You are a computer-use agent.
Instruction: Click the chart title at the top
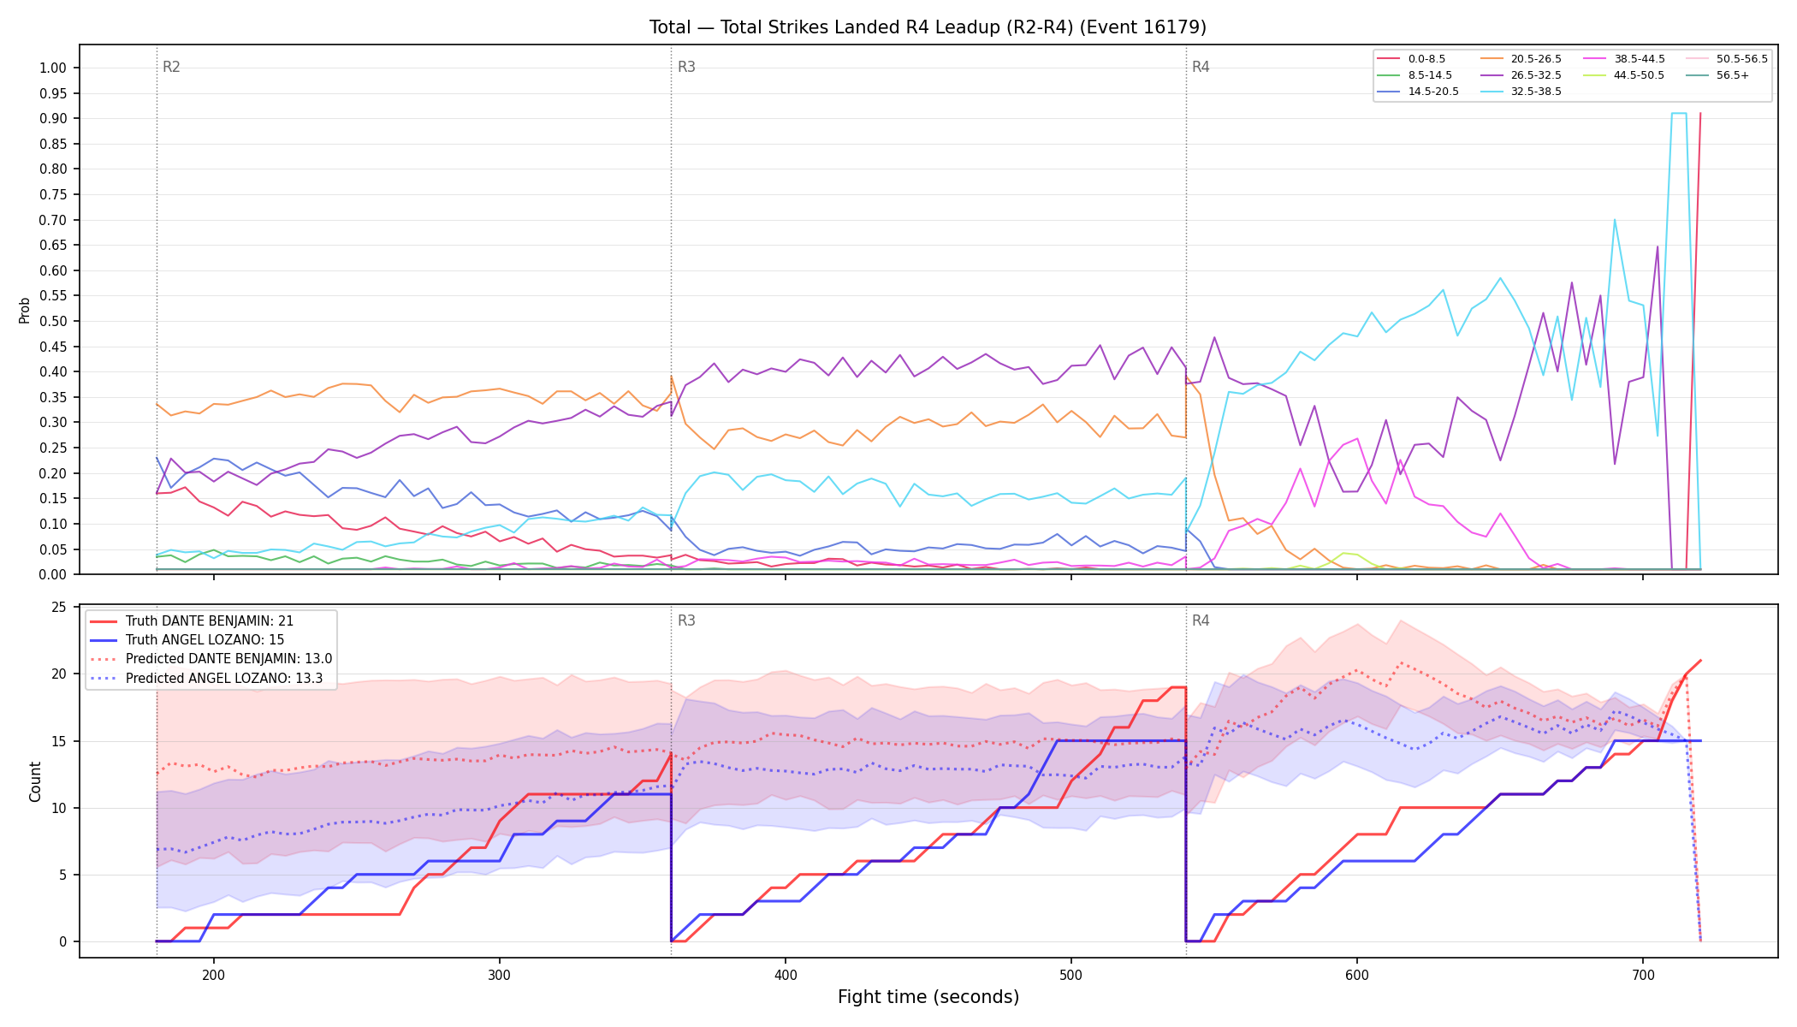(x=928, y=27)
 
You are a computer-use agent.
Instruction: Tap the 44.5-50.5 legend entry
(x=1623, y=75)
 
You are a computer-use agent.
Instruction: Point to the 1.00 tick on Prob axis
(x=52, y=68)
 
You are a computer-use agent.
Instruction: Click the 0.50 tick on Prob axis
(x=52, y=321)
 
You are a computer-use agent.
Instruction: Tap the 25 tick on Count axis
(x=59, y=608)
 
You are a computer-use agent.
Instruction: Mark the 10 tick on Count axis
(x=59, y=808)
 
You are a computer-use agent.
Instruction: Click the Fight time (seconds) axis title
(x=928, y=997)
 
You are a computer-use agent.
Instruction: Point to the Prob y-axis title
(x=24, y=310)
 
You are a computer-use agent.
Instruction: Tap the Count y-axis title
(x=35, y=781)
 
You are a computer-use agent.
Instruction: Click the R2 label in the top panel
(x=171, y=67)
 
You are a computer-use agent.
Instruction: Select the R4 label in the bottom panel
(x=1201, y=620)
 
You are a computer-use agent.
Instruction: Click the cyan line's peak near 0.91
(x=1679, y=113)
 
